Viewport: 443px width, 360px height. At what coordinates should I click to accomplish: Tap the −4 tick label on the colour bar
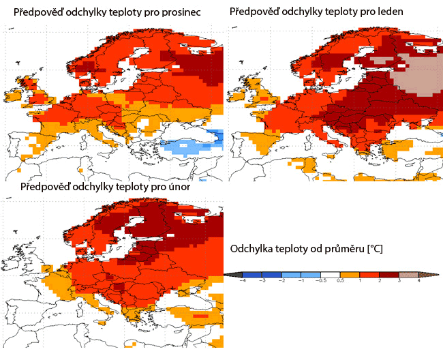coord(242,281)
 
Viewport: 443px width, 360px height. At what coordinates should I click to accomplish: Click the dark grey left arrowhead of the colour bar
coord(232,274)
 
